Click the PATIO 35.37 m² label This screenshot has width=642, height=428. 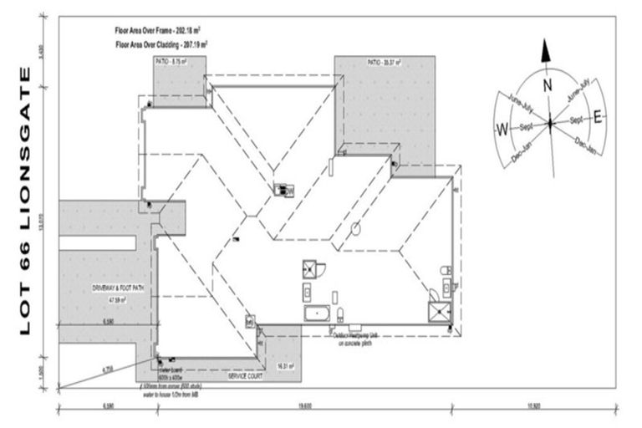tap(384, 62)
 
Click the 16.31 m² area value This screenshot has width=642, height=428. tap(285, 365)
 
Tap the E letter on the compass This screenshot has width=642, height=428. tap(597, 118)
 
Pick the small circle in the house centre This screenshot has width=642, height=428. tap(355, 226)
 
